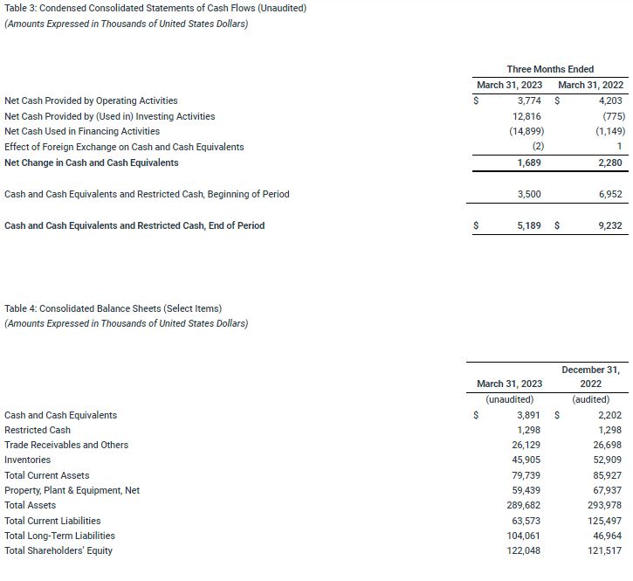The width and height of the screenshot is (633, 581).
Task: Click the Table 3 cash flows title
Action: click(155, 8)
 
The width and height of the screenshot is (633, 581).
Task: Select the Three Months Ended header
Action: click(550, 69)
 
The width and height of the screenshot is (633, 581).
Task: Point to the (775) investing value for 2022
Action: click(613, 116)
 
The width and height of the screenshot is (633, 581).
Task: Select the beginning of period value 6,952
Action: click(611, 194)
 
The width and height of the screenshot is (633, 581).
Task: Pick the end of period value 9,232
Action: click(611, 225)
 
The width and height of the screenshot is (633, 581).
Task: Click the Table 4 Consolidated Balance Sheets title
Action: click(113, 308)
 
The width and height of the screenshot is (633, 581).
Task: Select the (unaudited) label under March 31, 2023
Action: click(509, 399)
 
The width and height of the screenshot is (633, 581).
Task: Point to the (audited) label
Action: click(590, 399)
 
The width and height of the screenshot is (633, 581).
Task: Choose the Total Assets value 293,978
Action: click(607, 505)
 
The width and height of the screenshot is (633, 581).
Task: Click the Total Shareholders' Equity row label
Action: click(58, 550)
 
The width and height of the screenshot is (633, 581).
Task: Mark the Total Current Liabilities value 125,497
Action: click(607, 521)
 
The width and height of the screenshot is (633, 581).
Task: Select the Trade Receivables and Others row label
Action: click(66, 445)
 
